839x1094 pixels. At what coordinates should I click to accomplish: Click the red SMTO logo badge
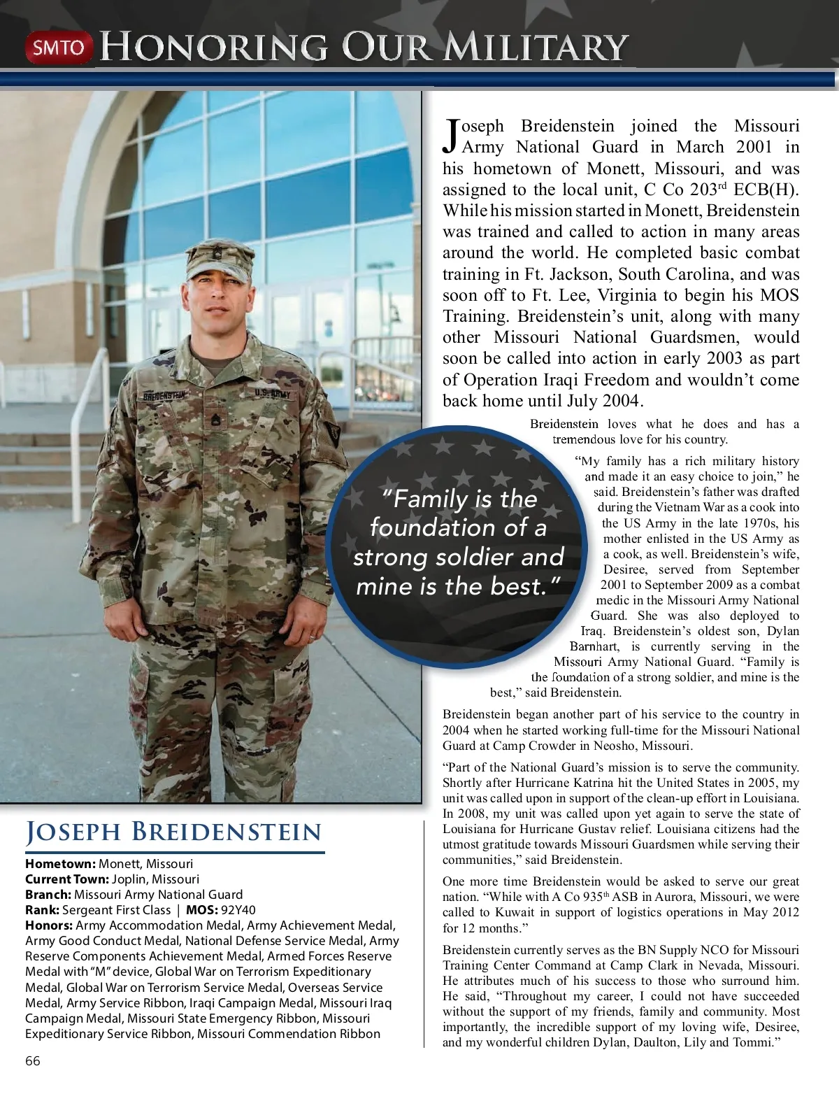(59, 48)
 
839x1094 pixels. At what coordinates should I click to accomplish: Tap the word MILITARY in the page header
(536, 48)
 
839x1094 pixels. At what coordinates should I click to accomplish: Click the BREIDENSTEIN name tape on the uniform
(165, 396)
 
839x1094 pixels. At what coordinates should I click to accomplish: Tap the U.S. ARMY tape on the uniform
(272, 395)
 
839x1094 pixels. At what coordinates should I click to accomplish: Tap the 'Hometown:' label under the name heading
(60, 864)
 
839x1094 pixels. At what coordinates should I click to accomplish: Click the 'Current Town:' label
(67, 879)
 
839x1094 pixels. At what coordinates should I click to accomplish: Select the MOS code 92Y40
(238, 910)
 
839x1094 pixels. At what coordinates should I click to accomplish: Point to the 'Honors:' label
(49, 925)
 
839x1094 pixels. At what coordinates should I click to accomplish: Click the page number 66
(33, 1061)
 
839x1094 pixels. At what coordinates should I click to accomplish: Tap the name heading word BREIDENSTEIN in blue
(227, 832)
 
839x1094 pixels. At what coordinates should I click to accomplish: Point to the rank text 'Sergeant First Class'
(116, 910)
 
